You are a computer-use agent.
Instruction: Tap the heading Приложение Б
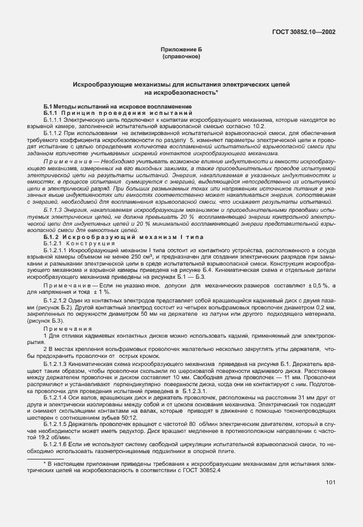tap(181, 50)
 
